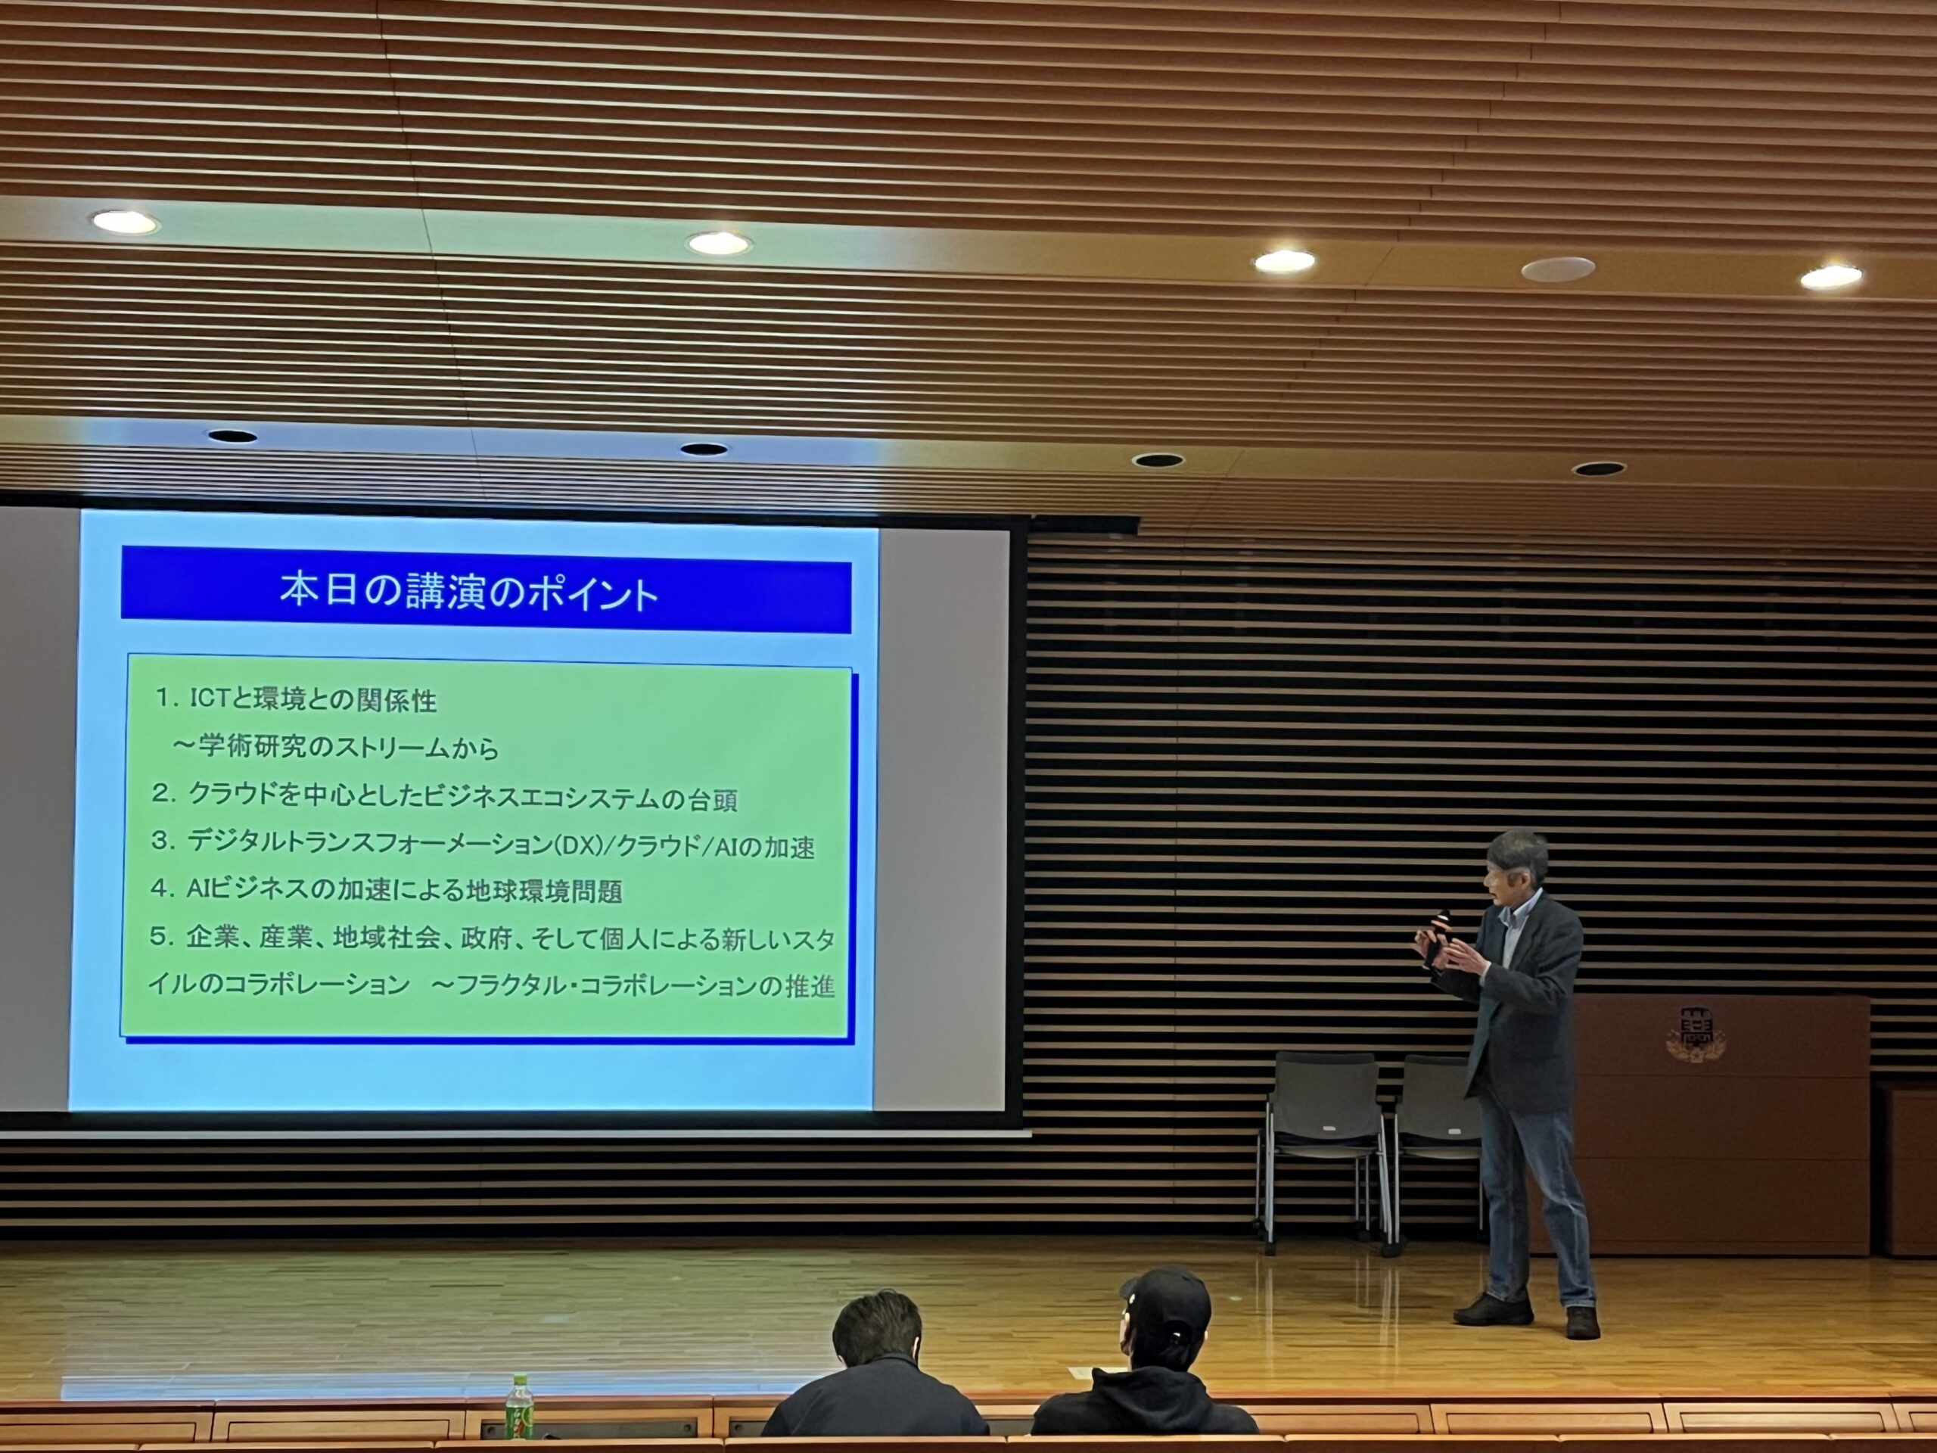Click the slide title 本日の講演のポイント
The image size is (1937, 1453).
(468, 591)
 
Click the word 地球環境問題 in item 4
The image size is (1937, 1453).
(543, 891)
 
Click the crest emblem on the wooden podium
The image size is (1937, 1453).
(1696, 1035)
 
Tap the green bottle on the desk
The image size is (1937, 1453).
(519, 1406)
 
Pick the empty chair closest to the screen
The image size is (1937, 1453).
(1323, 1147)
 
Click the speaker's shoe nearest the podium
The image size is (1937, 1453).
(1582, 1323)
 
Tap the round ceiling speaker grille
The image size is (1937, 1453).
(1558, 269)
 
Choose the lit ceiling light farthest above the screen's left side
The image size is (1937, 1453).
(125, 222)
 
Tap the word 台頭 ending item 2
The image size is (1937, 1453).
(712, 798)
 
